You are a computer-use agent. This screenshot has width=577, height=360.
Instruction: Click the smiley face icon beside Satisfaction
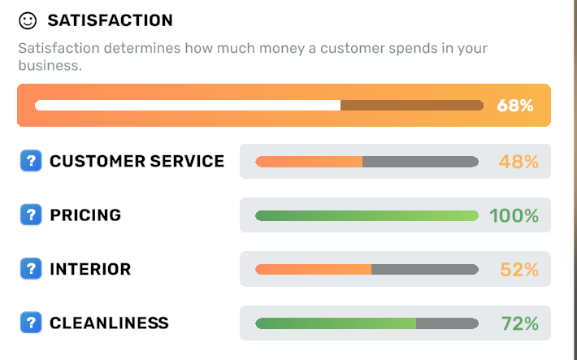point(28,20)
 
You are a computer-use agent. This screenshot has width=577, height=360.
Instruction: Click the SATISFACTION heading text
point(110,20)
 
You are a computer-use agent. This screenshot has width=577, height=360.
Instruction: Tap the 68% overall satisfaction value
point(515,106)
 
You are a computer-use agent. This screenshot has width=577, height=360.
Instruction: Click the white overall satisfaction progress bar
point(258,106)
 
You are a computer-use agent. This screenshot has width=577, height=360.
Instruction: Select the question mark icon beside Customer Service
point(30,161)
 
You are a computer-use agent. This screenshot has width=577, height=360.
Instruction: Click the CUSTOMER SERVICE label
point(137,161)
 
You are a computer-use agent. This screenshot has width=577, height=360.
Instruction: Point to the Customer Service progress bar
point(367,162)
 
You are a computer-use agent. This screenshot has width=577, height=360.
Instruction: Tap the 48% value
point(518,162)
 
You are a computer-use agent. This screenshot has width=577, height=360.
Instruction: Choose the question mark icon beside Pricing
point(30,215)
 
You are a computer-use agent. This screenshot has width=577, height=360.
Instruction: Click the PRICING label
point(85,215)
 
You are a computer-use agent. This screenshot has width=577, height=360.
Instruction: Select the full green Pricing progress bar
point(367,215)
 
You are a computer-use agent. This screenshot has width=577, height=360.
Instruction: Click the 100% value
point(514,215)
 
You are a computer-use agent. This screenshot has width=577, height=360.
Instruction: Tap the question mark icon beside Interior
point(30,269)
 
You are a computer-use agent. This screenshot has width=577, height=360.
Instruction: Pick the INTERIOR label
point(90,269)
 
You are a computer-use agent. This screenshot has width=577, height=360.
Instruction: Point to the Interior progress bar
point(367,269)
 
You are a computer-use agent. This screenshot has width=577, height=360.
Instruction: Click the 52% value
point(518,269)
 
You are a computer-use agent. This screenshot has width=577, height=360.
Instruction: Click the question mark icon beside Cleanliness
point(30,323)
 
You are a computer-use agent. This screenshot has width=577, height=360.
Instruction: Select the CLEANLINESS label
point(109,323)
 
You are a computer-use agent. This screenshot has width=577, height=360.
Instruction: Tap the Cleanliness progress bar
point(367,323)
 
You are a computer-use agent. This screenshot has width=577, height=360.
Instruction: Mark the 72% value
point(519,323)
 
